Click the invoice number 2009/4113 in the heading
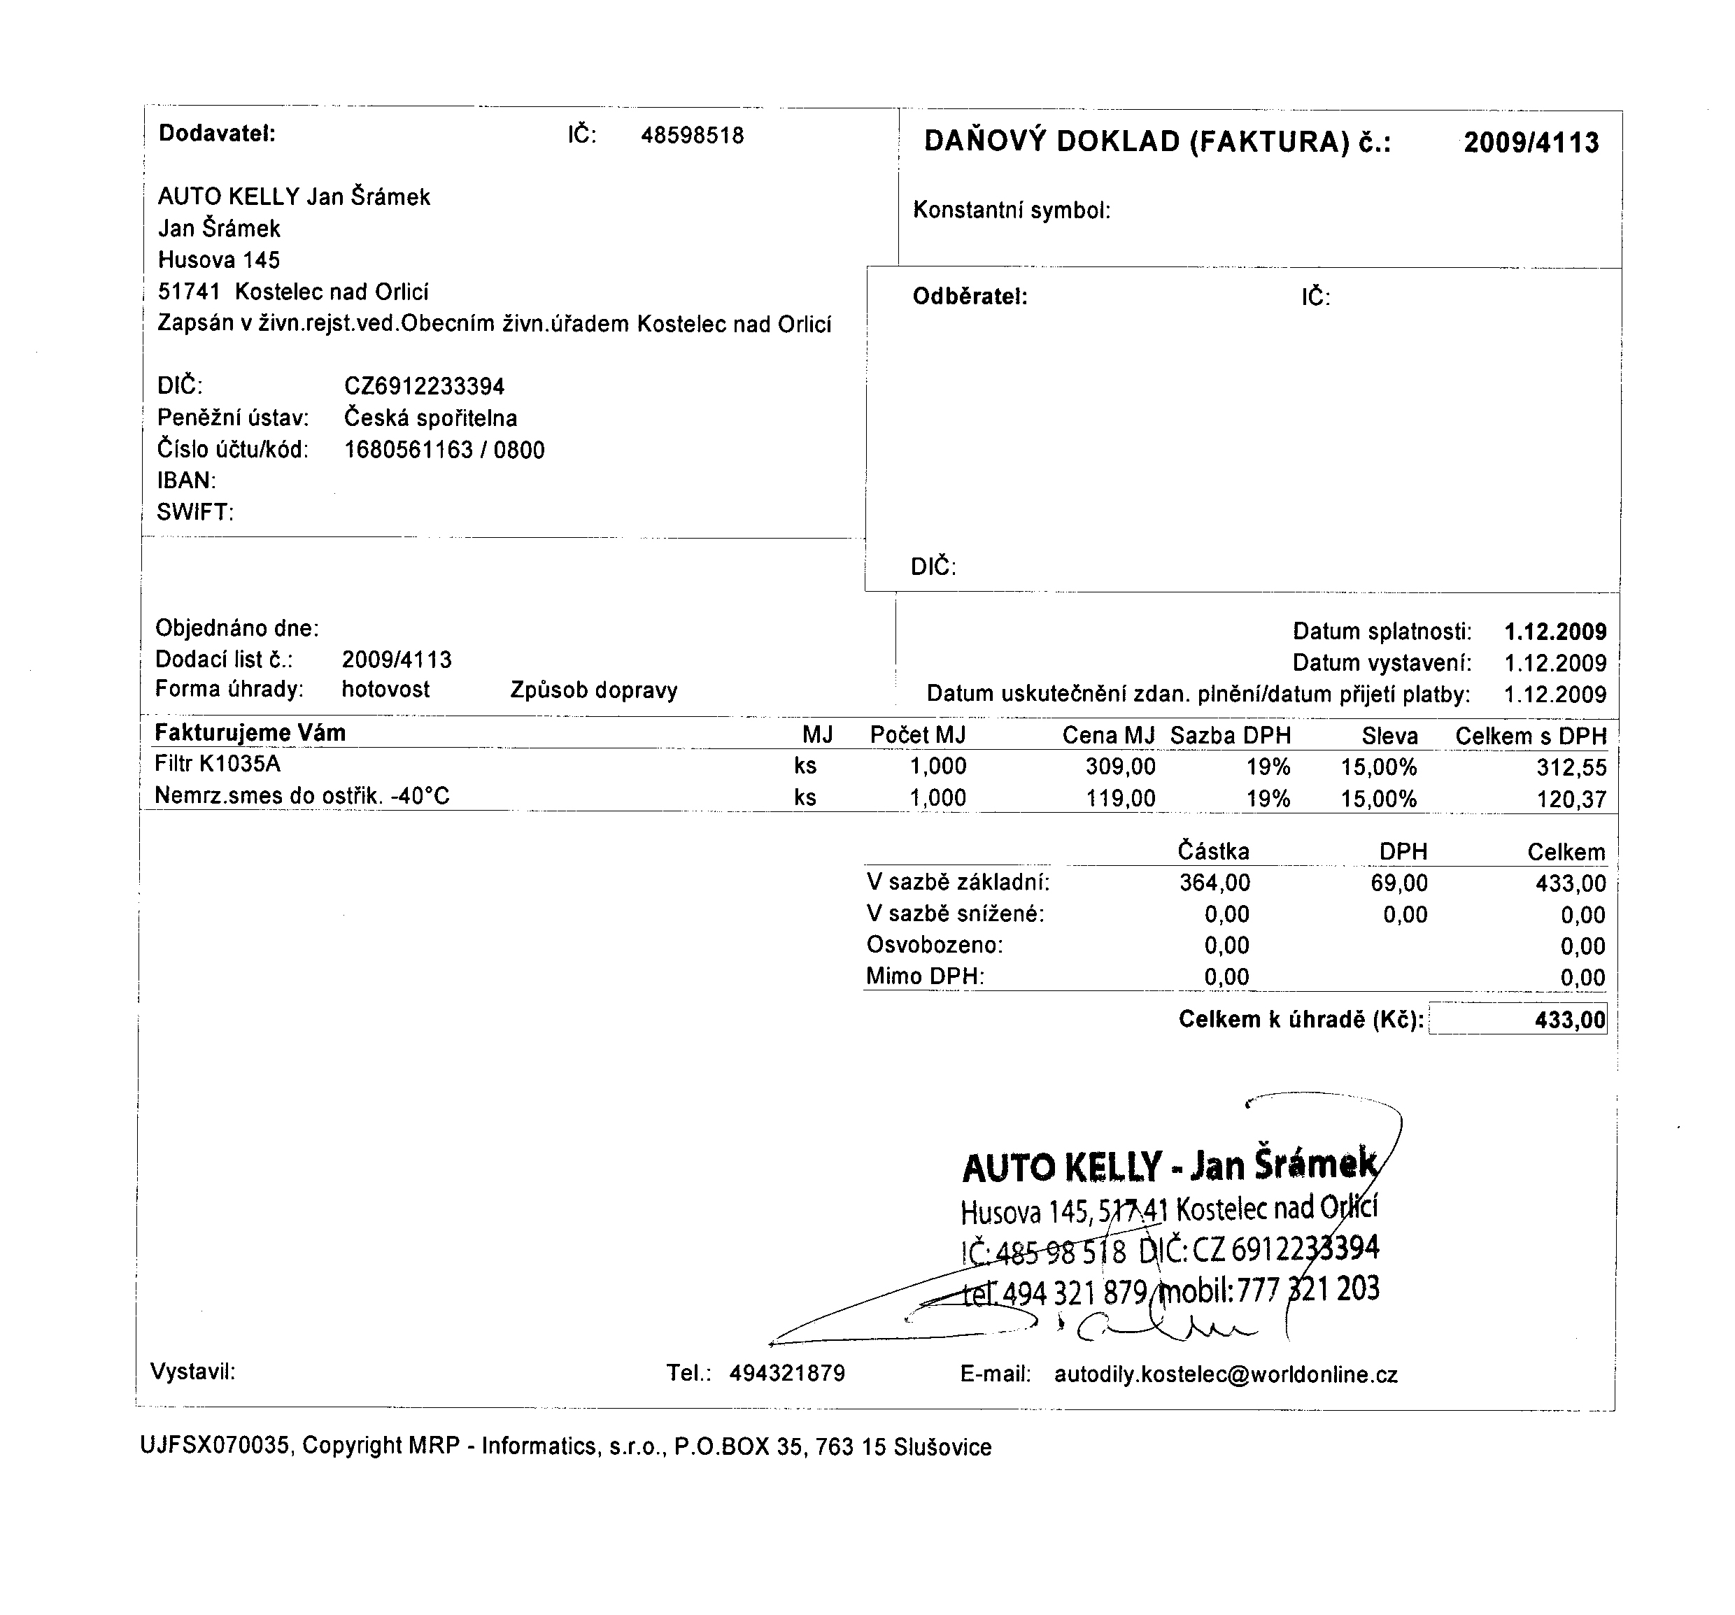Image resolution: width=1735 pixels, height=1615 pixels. pos(1531,142)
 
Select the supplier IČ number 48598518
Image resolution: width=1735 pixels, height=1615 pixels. pos(692,135)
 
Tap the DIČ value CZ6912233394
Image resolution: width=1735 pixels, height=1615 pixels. pos(424,385)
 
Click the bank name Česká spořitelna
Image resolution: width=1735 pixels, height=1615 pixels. pos(430,418)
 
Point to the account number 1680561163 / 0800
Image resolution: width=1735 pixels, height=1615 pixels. pos(444,450)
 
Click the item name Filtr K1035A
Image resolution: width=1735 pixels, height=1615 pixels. pos(218,764)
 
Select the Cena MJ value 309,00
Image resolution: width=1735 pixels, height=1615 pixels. pos(1121,767)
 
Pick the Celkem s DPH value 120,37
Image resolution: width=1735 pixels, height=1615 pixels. pos(1571,799)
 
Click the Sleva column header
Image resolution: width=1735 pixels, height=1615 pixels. pos(1389,737)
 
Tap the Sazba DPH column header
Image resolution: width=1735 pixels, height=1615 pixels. pos(1231,736)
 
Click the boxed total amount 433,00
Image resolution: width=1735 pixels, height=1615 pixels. pos(1569,1019)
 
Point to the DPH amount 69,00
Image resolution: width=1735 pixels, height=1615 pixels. pos(1399,883)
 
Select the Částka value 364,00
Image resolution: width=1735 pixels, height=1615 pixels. pos(1214,883)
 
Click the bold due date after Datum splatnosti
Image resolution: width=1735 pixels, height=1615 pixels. pos(1555,632)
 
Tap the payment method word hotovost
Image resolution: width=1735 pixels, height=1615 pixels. pos(385,689)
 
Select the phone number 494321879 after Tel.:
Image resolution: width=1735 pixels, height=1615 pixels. pos(787,1373)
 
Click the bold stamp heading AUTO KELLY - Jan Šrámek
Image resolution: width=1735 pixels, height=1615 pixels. pos(1170,1166)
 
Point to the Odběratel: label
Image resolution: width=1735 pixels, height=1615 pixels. pos(970,297)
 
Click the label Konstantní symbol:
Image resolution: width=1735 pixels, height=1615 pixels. pos(1012,211)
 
